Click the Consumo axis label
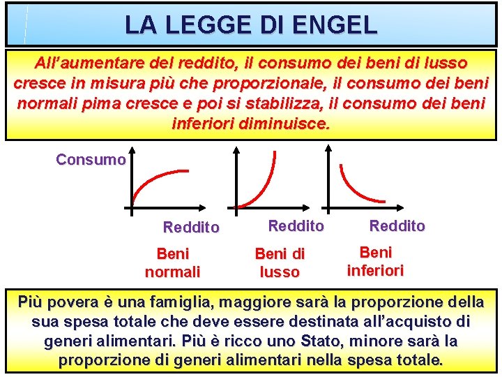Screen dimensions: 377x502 click(91, 159)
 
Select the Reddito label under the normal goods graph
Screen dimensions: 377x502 click(190, 227)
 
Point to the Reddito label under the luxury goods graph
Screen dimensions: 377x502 click(296, 226)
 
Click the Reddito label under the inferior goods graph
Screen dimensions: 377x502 click(397, 226)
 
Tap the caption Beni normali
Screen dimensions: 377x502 click(172, 262)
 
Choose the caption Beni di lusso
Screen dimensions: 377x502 click(280, 263)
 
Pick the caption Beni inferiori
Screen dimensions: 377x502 click(375, 261)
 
